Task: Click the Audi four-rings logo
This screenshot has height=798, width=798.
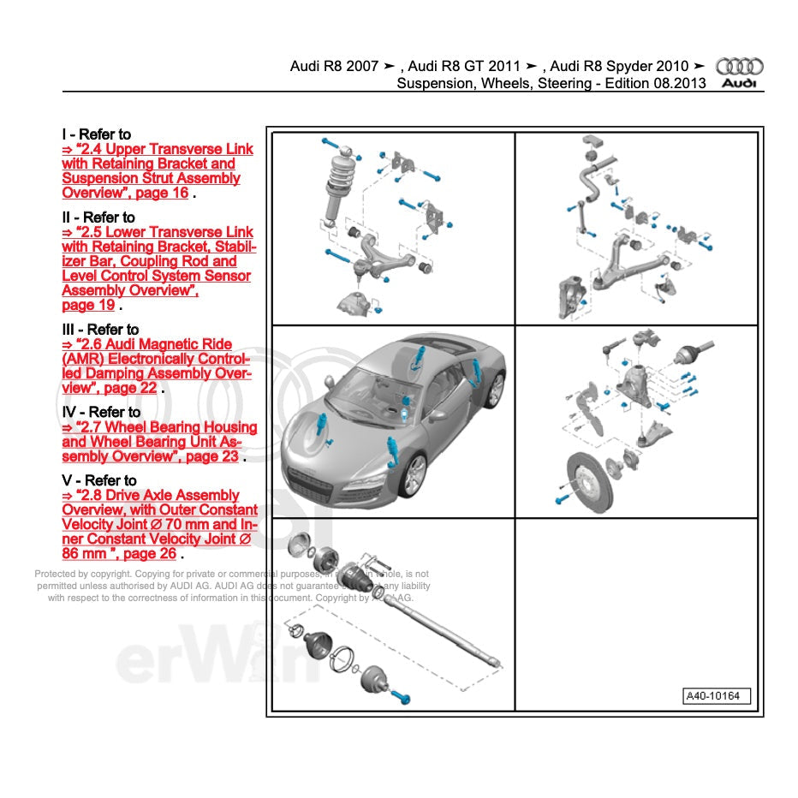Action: [x=739, y=66]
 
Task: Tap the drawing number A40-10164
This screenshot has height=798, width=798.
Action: [x=717, y=696]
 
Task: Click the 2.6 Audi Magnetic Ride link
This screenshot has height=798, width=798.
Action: [x=157, y=366]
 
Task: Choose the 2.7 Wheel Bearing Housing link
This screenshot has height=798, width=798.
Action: [x=158, y=442]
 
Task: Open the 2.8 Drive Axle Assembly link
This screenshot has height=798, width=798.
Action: [x=159, y=524]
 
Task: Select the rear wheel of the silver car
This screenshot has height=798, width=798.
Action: [x=495, y=390]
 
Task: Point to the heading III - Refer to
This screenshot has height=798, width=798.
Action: [x=100, y=329]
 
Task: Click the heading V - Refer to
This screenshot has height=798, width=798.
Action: [x=98, y=480]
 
